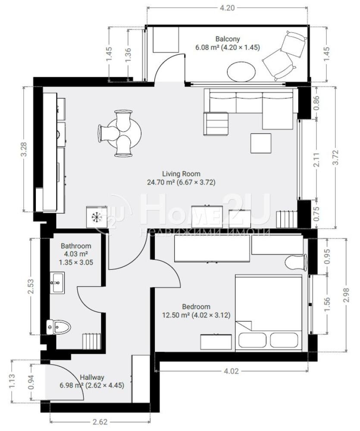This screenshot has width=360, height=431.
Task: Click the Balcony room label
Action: tap(228, 39)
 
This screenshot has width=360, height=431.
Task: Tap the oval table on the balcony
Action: tap(241, 72)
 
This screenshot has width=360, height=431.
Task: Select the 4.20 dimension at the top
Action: tap(228, 8)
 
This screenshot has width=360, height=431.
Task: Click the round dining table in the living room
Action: tap(124, 133)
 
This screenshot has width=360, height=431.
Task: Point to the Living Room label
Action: tap(181, 174)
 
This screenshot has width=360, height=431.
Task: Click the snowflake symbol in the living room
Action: tap(96, 217)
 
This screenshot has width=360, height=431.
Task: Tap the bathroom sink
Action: tap(57, 283)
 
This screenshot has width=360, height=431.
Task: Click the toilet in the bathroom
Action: tap(58, 327)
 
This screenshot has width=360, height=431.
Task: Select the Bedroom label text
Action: tap(196, 307)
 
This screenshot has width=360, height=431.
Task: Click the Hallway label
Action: tap(92, 378)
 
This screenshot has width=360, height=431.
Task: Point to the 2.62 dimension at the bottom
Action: tap(100, 422)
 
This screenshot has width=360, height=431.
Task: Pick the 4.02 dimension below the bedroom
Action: tap(231, 372)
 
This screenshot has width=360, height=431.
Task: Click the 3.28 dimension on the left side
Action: tap(24, 149)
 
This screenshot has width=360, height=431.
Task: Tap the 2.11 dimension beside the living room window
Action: tap(316, 160)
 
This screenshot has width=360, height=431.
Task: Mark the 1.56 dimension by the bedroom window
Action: tap(327, 305)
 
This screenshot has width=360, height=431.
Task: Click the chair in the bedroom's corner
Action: tap(296, 262)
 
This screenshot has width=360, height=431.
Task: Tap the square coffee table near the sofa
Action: tap(261, 143)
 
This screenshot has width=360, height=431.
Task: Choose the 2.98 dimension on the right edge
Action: tap(346, 295)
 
